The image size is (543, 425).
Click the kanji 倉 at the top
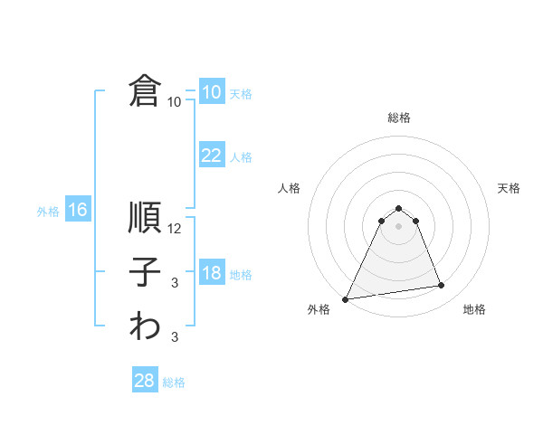[x=145, y=91]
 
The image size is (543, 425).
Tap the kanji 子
[x=145, y=273]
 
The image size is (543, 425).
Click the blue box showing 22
[x=212, y=156]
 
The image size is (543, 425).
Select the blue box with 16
[x=78, y=211]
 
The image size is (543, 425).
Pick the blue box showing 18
[x=212, y=273]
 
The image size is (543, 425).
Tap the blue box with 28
[x=145, y=381]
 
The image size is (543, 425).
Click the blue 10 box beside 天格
[x=212, y=92]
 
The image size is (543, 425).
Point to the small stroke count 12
[x=176, y=229]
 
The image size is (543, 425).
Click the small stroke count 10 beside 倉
[x=175, y=102]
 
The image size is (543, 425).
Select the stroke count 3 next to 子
[x=175, y=284]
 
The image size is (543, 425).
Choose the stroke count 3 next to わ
[x=175, y=338]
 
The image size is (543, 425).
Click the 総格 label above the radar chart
[x=398, y=118]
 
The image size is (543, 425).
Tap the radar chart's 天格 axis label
[x=510, y=188]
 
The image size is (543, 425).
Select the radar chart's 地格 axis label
[x=474, y=309]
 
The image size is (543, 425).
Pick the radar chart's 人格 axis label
[x=289, y=188]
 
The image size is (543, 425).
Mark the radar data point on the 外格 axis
[x=346, y=298]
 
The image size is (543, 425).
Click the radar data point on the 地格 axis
[x=442, y=286]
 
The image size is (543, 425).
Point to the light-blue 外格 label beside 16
[x=48, y=212]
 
